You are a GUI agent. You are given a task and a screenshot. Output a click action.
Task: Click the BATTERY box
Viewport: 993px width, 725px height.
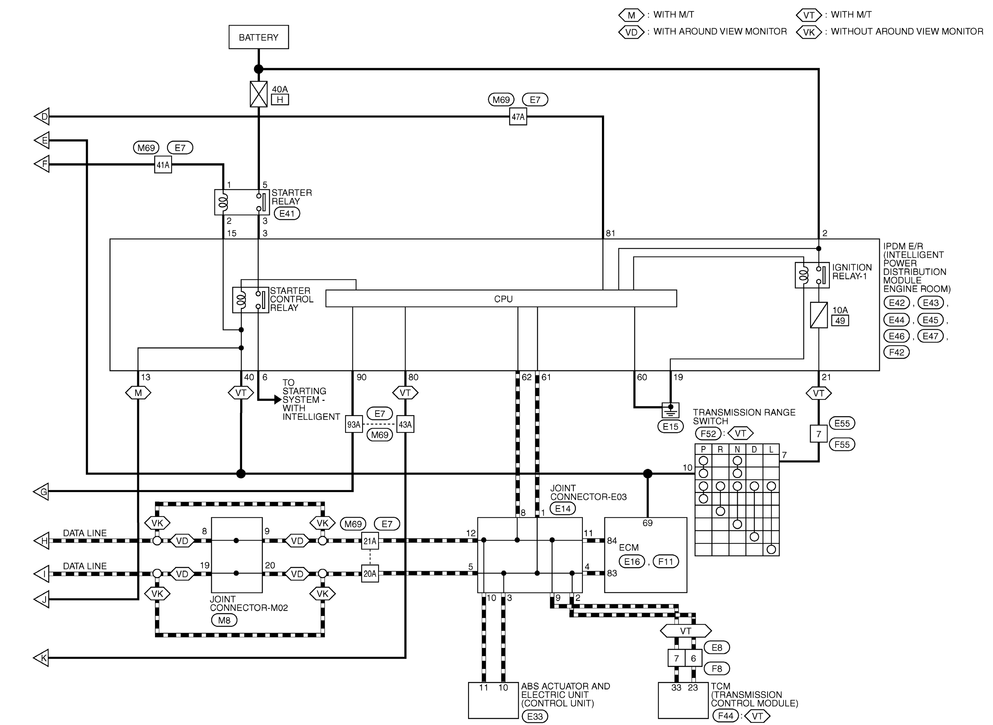pos(259,37)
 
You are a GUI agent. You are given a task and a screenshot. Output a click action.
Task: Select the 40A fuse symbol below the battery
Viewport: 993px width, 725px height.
pos(259,94)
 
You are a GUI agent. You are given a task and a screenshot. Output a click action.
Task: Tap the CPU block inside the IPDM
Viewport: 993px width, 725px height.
pos(501,299)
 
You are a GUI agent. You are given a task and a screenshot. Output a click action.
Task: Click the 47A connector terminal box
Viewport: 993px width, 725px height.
pos(518,117)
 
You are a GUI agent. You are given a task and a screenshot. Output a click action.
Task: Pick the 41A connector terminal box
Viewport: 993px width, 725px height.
pos(163,165)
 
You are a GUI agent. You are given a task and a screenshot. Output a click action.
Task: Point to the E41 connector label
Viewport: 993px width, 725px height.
pos(287,214)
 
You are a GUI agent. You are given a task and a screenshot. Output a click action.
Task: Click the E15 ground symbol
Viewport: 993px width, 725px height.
pos(670,410)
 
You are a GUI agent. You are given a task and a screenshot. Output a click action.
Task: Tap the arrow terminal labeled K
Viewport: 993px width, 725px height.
pos(41,658)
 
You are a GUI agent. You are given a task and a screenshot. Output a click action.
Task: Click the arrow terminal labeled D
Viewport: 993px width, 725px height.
pos(42,117)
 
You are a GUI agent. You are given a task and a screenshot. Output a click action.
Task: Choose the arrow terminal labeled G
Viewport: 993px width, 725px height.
pos(41,492)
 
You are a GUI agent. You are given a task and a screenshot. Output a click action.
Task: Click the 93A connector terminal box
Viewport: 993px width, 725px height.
pos(354,424)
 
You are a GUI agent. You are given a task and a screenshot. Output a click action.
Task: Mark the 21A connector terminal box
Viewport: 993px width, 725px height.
pos(370,541)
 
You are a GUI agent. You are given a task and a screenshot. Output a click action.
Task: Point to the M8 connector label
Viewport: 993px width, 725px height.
pos(224,620)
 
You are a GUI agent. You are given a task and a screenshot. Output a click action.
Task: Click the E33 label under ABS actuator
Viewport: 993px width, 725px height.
pos(535,716)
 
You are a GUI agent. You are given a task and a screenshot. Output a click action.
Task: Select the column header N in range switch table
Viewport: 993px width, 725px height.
pos(738,449)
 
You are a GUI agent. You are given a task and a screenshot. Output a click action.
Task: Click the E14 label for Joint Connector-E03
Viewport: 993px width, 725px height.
pos(563,509)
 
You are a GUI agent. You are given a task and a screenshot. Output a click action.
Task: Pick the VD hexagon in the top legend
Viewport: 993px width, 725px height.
pos(631,32)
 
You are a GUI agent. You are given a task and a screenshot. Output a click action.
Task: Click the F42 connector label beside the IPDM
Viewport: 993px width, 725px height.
pos(896,352)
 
